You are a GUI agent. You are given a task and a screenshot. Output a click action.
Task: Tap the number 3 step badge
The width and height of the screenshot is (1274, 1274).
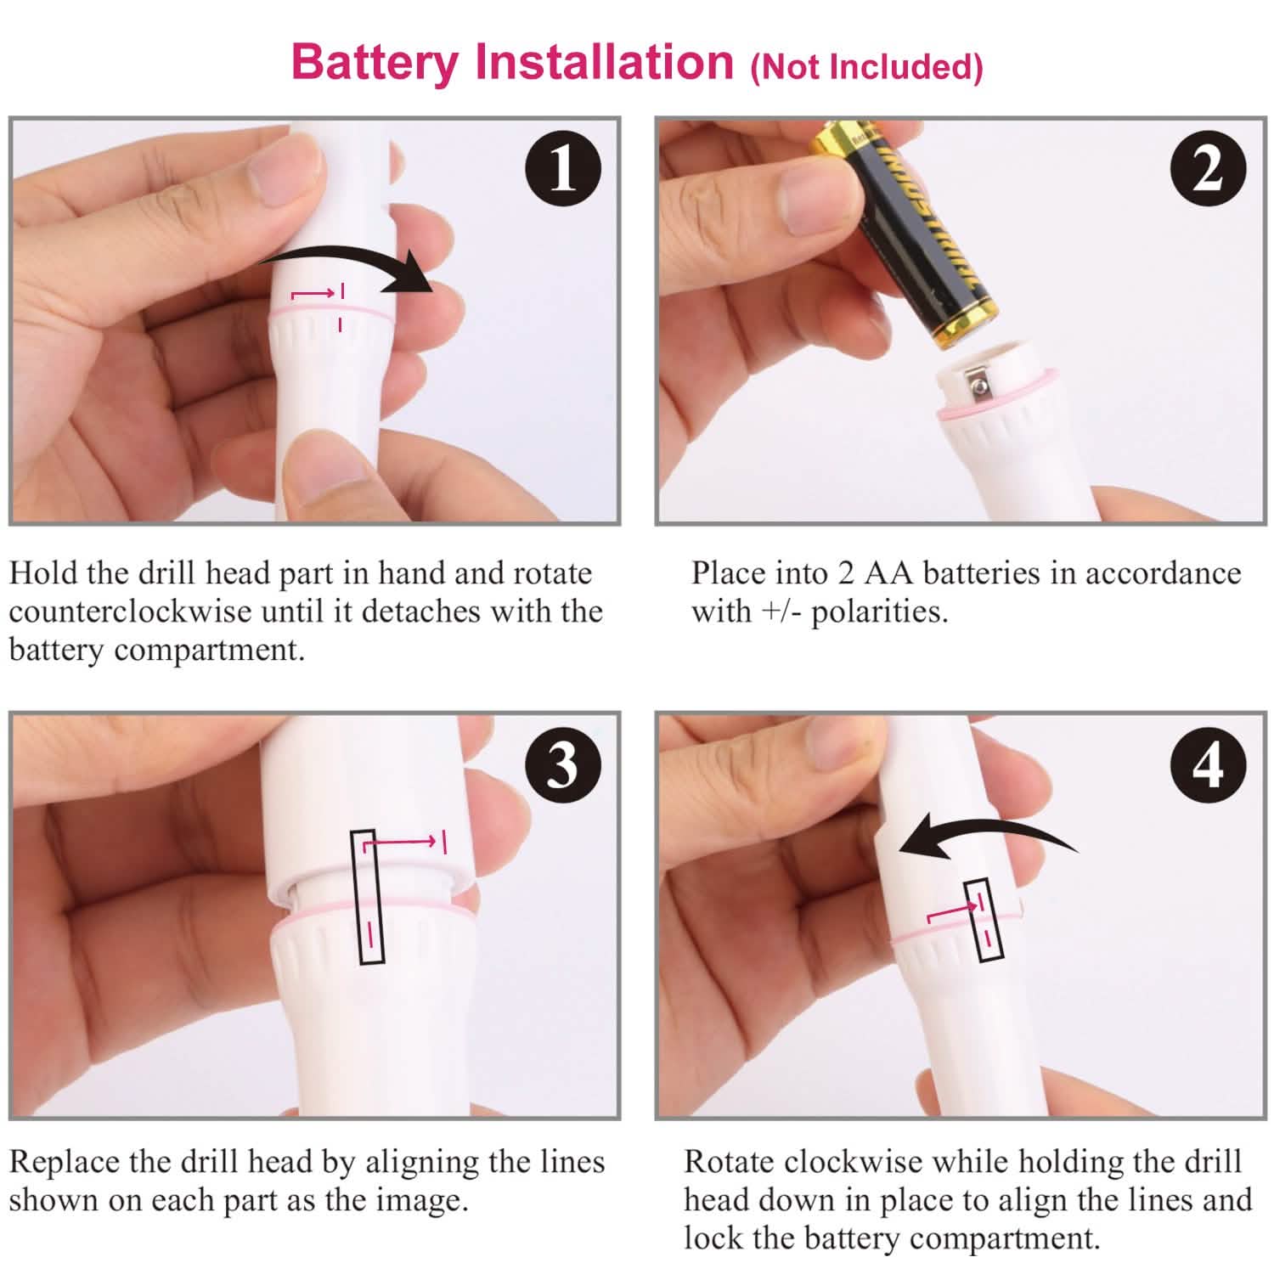[x=562, y=764]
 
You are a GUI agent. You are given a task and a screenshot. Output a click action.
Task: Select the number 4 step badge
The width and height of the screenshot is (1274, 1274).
[x=1208, y=764]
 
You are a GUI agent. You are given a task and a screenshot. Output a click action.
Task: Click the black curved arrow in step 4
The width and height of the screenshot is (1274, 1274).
[x=985, y=837]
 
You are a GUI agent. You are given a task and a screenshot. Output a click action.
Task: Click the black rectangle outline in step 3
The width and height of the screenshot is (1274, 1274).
[x=368, y=896]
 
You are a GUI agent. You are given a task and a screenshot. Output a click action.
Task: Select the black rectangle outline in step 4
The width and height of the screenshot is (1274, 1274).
[x=984, y=920]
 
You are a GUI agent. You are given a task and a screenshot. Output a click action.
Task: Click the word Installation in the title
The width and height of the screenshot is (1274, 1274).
[x=604, y=63]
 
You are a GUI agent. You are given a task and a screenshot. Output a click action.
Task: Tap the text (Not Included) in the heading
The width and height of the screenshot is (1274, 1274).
[x=866, y=66]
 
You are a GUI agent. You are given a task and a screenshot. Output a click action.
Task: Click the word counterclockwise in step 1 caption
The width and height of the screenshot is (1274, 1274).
[x=130, y=612]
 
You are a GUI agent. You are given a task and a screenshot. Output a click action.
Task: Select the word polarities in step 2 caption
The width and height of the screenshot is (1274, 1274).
[x=878, y=612]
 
